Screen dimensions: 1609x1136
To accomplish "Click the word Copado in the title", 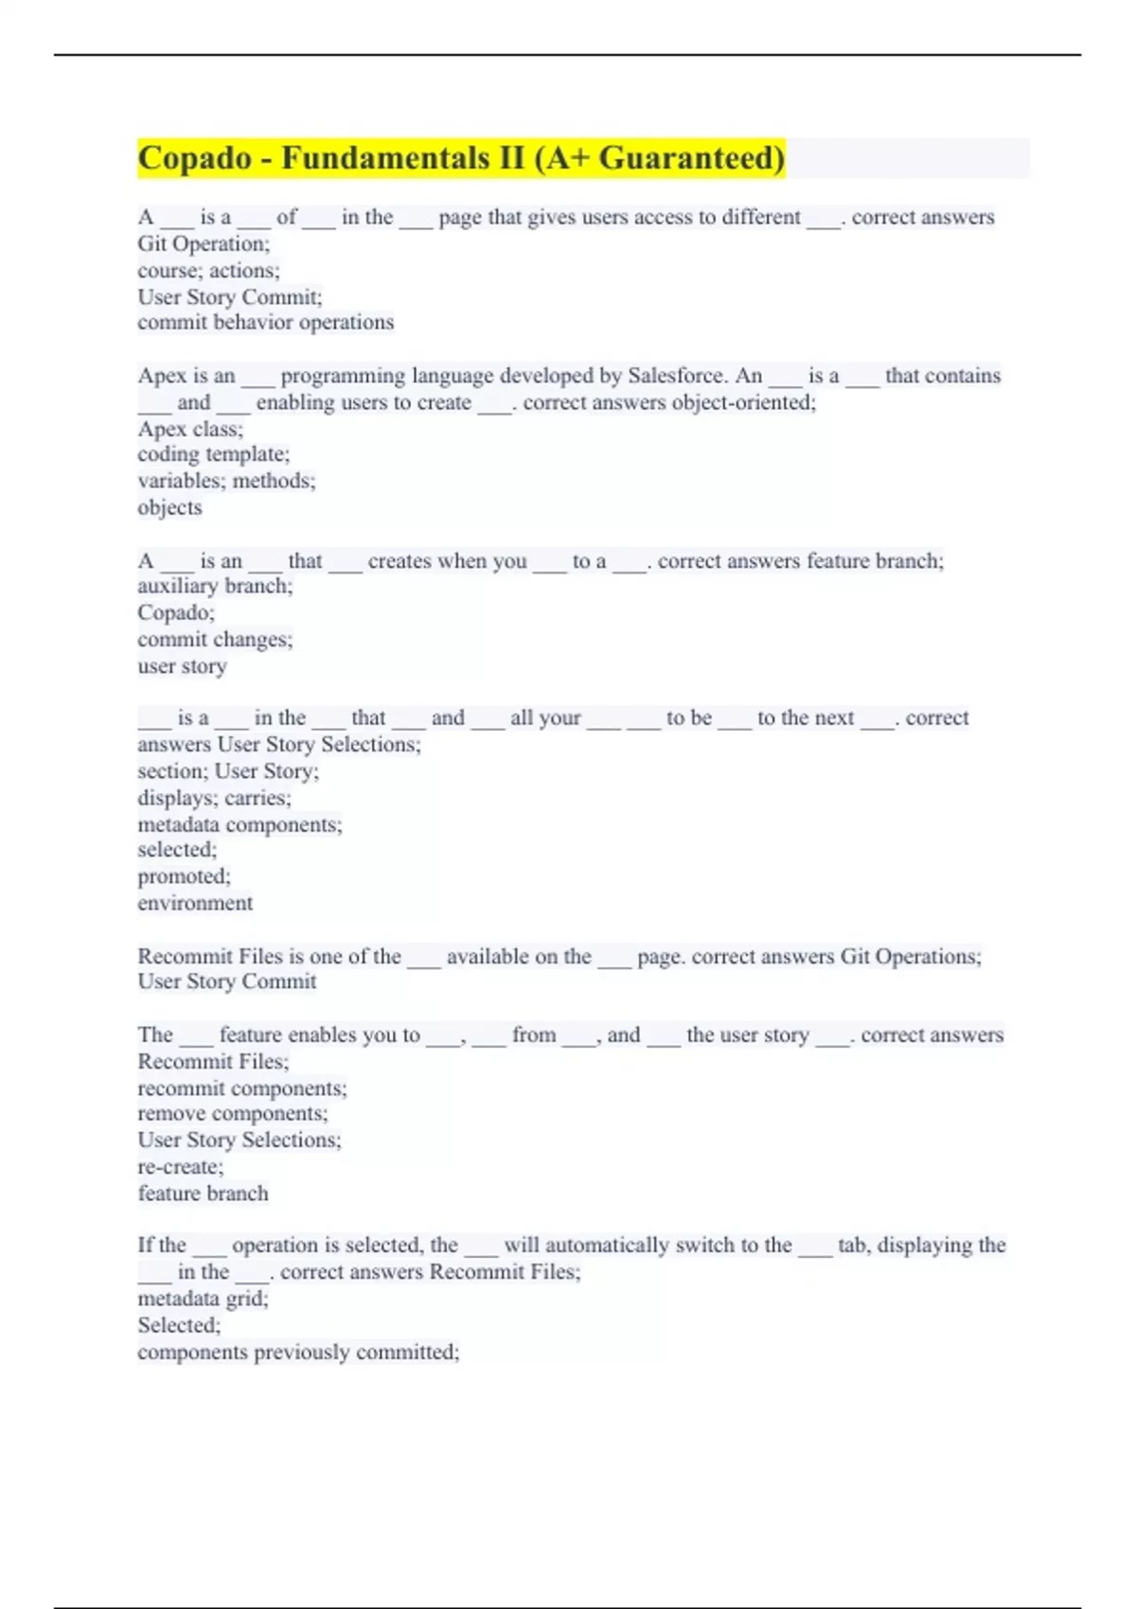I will (195, 157).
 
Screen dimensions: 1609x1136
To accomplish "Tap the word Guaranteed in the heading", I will (691, 157).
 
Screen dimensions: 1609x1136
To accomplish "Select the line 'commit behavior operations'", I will (265, 323).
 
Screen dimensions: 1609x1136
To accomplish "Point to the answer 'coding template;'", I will (213, 454).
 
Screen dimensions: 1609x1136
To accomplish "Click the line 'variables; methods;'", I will (226, 481).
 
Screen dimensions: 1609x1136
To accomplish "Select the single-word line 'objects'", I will (169, 507).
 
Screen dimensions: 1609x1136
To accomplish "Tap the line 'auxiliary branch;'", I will (215, 587).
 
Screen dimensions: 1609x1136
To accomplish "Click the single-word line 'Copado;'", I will (176, 612).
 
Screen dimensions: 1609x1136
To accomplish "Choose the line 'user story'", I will (182, 666).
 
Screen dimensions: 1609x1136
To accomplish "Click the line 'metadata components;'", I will (240, 824).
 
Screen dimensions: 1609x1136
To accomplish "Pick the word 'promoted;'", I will (184, 876).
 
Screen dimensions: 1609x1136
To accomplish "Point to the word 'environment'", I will (195, 903).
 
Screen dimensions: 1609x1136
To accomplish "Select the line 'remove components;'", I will (233, 1114).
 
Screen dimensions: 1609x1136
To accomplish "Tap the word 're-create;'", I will (181, 1167).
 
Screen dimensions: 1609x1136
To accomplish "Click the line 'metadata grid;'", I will (203, 1299).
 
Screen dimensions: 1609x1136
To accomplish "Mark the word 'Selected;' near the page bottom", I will (179, 1325).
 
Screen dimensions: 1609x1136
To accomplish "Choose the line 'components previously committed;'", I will (298, 1352).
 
